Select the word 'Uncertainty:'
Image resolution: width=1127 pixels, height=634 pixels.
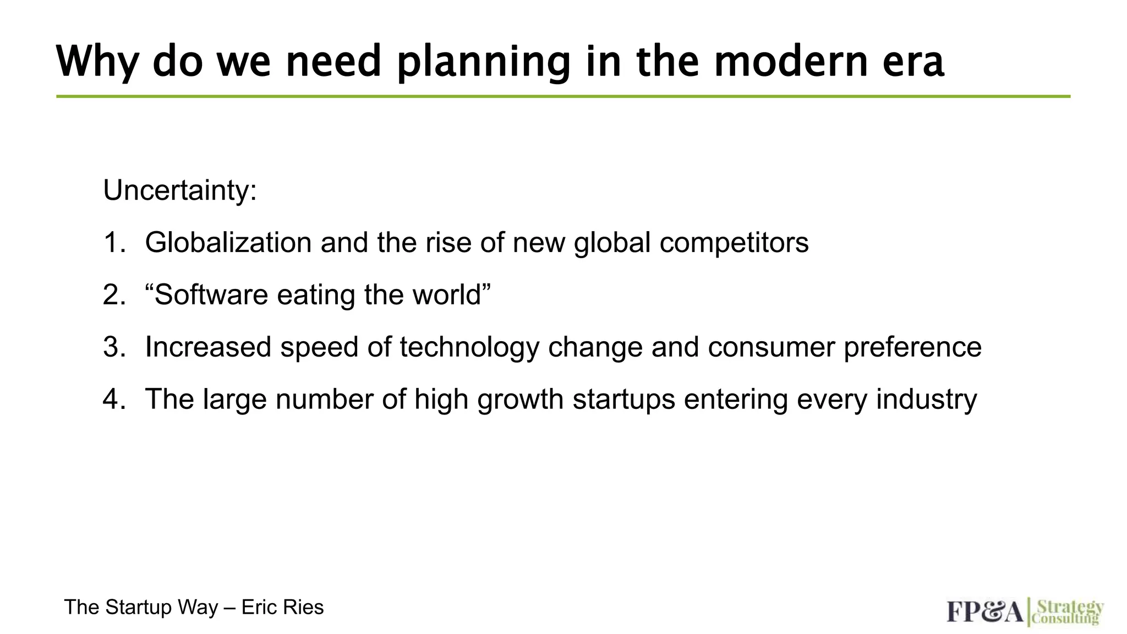[180, 190]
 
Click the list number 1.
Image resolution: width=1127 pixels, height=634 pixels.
[113, 243]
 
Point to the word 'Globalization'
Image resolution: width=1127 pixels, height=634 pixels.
[228, 243]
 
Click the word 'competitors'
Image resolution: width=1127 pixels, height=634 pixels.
[734, 243]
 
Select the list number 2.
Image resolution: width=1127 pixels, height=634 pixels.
[113, 295]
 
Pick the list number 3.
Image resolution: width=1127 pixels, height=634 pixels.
[113, 347]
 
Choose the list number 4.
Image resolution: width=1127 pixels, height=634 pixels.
[113, 400]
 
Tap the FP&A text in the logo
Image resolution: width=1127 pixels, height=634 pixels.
[984, 612]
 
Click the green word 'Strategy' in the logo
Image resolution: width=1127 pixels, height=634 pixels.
[1070, 607]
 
